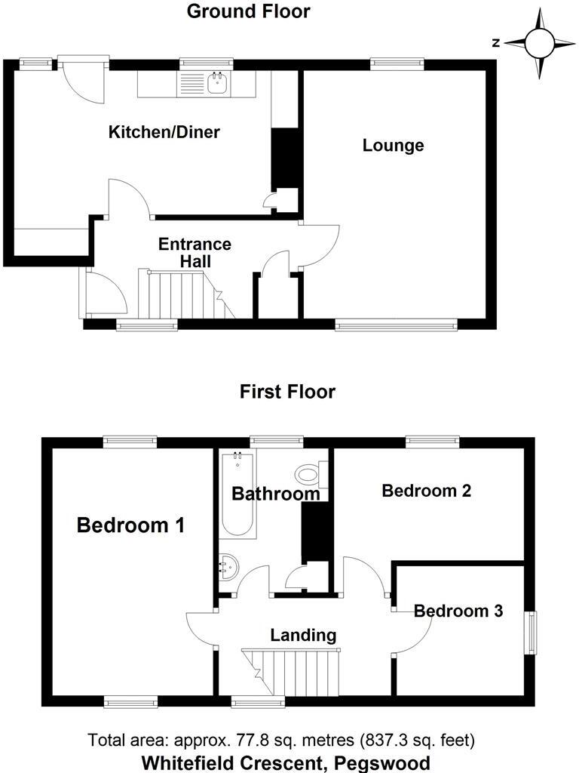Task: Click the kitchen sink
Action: (218, 83)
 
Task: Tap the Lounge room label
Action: (393, 145)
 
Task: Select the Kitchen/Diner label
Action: (164, 133)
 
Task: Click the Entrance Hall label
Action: (195, 253)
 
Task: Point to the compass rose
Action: (538, 43)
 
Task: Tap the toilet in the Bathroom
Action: (308, 475)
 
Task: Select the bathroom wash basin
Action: (228, 564)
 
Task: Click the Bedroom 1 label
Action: (130, 525)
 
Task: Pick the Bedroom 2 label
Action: (426, 491)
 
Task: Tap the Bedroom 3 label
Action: (458, 611)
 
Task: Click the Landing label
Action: (303, 634)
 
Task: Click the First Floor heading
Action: (287, 392)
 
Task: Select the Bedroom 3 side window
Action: (533, 632)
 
